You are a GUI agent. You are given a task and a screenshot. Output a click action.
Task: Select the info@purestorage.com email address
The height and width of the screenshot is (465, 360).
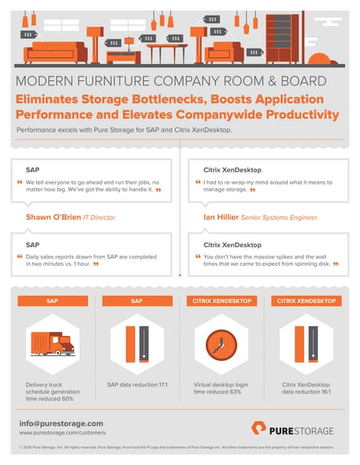(61, 423)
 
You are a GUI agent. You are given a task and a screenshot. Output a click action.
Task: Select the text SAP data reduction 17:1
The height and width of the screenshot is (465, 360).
(137, 384)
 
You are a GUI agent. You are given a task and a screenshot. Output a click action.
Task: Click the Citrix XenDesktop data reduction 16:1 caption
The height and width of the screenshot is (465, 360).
(305, 388)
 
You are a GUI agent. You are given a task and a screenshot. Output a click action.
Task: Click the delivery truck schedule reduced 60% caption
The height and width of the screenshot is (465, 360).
(52, 392)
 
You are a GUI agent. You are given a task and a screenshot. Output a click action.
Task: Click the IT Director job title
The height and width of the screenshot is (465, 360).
(99, 217)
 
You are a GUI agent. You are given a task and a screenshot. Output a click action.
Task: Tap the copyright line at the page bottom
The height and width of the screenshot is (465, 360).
(180, 449)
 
